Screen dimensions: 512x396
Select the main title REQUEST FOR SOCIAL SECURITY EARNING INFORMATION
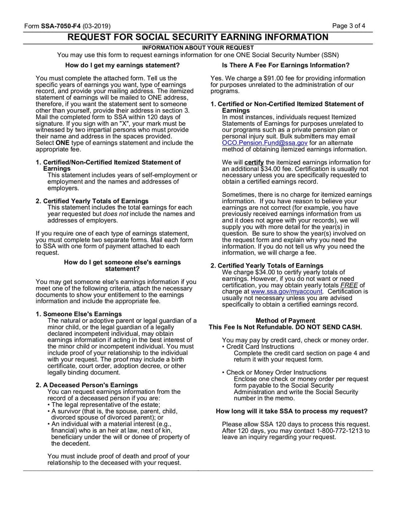(x=198, y=37)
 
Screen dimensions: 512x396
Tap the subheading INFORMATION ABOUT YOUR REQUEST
(x=198, y=47)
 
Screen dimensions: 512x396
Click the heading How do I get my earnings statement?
(x=122, y=65)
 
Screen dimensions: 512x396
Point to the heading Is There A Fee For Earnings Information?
(x=286, y=65)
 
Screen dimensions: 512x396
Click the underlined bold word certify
(x=254, y=162)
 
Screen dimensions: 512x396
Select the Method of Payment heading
(x=286, y=321)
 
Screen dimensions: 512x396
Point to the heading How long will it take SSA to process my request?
(x=292, y=411)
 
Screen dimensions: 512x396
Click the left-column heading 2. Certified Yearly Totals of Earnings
(x=92, y=201)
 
